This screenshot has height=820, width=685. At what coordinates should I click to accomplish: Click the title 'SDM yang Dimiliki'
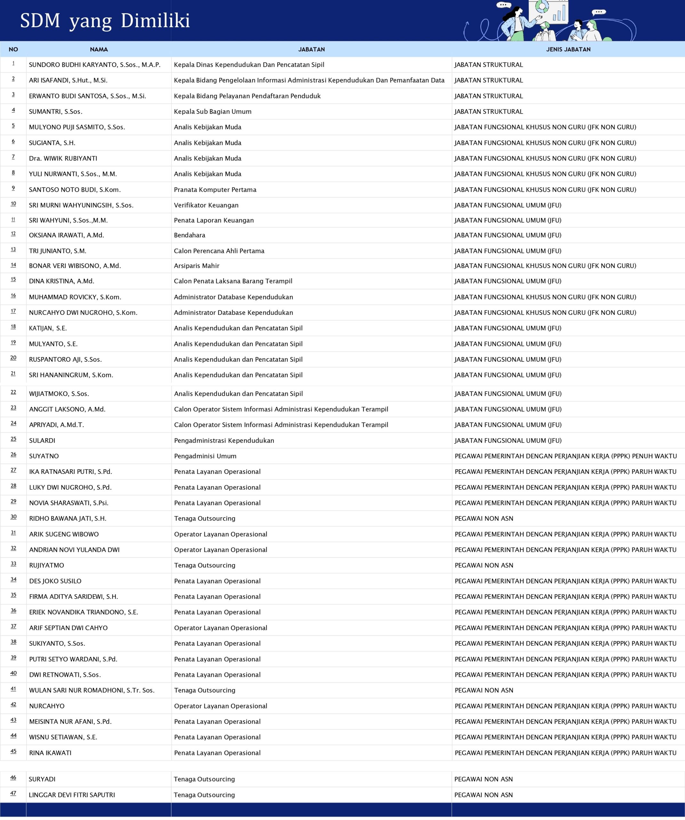105,21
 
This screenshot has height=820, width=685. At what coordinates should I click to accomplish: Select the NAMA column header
99,50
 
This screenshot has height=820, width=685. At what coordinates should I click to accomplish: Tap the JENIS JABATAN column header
568,50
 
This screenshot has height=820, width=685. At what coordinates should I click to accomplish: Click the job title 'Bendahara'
190,235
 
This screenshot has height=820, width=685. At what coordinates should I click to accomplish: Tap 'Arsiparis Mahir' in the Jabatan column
197,266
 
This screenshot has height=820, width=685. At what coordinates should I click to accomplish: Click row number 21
13,374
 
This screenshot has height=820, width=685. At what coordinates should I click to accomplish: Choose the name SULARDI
42,440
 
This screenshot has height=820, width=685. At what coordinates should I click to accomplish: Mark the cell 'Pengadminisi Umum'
205,456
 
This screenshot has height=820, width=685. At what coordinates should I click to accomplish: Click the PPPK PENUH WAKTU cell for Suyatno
566,456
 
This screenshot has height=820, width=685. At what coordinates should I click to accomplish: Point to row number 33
13,564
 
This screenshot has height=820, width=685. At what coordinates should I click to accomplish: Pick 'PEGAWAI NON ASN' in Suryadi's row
484,779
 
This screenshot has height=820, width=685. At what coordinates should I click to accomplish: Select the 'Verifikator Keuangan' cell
206,205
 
